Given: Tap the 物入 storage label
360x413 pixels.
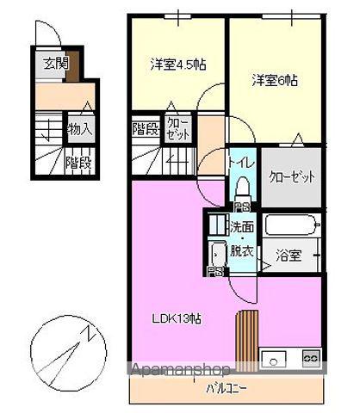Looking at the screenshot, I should (80, 130).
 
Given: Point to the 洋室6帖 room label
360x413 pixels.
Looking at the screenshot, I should (275, 80).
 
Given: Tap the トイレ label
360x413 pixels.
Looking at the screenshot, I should (241, 159).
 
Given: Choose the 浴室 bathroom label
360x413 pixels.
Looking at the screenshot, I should (288, 256).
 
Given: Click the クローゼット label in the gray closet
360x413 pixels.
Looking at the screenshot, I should (292, 176).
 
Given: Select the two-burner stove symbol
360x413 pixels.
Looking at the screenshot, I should (311, 357).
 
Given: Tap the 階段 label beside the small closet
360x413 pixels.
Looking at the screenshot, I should (145, 130).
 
